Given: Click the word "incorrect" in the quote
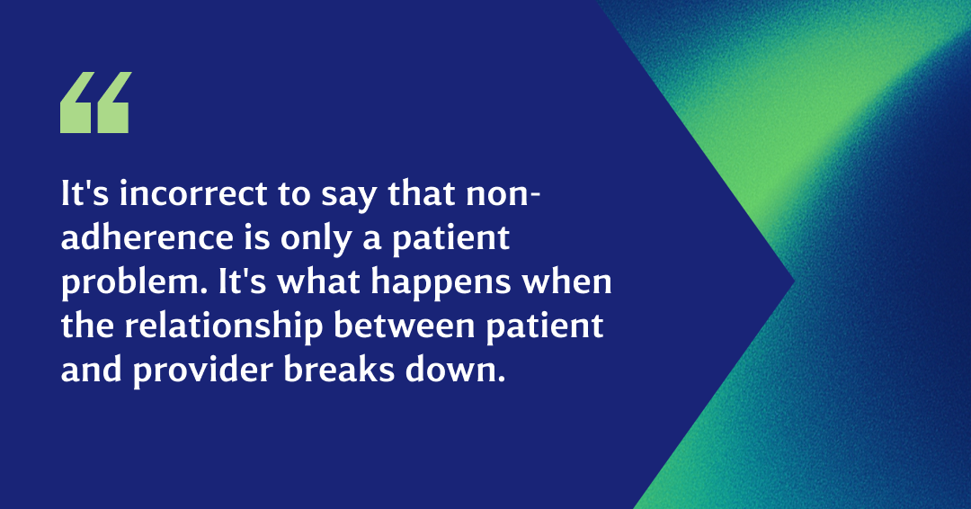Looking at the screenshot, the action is point(193,193).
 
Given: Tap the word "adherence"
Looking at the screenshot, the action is point(147,237).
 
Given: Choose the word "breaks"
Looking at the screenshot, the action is point(339,371).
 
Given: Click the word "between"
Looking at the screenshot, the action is point(405,326).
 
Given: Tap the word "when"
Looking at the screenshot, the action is point(567,281).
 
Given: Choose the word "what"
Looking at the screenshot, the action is point(318,281).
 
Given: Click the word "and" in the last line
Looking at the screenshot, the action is point(91,371).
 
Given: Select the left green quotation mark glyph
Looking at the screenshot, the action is point(76,103).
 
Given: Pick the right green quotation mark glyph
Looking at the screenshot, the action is point(111,103).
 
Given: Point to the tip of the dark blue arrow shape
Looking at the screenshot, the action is point(793,281).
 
